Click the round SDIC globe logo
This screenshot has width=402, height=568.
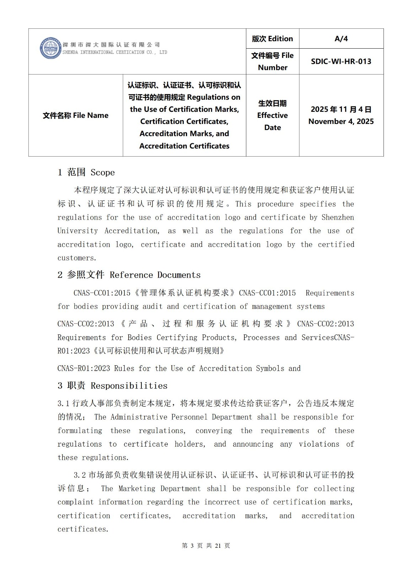click(x=50, y=48)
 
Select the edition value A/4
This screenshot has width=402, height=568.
click(x=341, y=39)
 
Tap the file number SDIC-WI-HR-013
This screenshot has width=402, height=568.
click(x=341, y=61)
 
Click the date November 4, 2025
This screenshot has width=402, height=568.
click(x=341, y=121)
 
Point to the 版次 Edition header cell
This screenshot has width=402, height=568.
click(x=272, y=39)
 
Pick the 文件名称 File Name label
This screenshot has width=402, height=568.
click(x=75, y=115)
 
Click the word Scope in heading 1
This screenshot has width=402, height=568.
click(x=103, y=173)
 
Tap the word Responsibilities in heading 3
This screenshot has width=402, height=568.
click(x=129, y=386)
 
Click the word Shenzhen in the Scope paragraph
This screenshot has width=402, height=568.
click(x=338, y=217)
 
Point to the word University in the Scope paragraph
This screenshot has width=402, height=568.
click(x=77, y=231)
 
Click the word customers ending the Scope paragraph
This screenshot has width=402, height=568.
click(x=76, y=258)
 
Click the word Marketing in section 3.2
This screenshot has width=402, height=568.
click(x=137, y=489)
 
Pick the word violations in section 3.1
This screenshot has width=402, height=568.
click(x=319, y=444)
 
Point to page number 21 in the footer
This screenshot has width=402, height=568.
click(x=218, y=546)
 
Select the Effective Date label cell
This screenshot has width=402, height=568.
click(x=272, y=115)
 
